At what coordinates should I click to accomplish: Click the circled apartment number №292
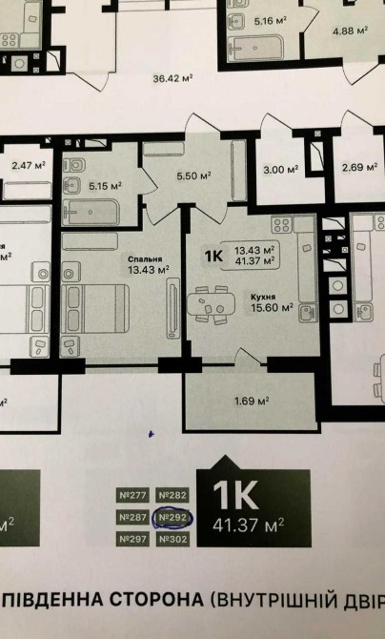point(172,518)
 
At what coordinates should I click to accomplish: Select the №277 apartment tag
point(132,496)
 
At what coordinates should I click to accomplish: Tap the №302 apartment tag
point(172,539)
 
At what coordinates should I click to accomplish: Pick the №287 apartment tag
point(132,518)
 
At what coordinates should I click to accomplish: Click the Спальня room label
point(145,259)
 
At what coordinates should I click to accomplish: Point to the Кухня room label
point(262,298)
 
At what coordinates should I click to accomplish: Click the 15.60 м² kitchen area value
point(272,308)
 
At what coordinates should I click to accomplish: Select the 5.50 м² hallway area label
point(193,176)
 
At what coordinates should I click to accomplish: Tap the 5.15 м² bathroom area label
point(105,186)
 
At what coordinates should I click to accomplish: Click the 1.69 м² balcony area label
point(252,402)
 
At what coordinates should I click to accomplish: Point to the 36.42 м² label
point(172,78)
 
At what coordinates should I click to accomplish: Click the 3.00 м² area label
point(280,169)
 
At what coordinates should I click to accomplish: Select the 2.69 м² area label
point(359,168)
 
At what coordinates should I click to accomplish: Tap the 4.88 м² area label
point(351,31)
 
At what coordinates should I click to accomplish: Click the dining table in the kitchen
point(211,305)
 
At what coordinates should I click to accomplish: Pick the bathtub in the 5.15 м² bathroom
point(91,212)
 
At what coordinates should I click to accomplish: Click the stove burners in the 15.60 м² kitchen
point(282,224)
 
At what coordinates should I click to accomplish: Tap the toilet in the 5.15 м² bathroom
point(74,165)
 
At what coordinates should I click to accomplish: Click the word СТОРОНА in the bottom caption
point(156,600)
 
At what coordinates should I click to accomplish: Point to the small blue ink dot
point(152,435)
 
